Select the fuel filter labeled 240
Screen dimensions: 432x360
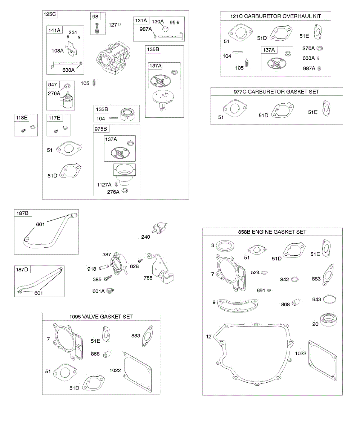pos(159,228)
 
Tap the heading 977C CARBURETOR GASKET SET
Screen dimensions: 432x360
pos(276,92)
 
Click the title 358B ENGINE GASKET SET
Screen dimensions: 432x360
pos(272,232)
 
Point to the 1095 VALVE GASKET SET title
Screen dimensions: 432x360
pos(101,316)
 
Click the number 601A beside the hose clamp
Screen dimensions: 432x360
pos(98,291)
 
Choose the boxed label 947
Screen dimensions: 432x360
pos(52,85)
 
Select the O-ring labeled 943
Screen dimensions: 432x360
pos(330,300)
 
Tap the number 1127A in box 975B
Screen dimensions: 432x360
pos(104,184)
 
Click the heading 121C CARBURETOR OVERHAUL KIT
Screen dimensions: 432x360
pos(275,16)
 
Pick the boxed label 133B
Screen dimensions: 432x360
pos(102,109)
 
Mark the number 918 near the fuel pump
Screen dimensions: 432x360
pos(91,269)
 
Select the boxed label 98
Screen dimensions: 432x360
pos(95,17)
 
